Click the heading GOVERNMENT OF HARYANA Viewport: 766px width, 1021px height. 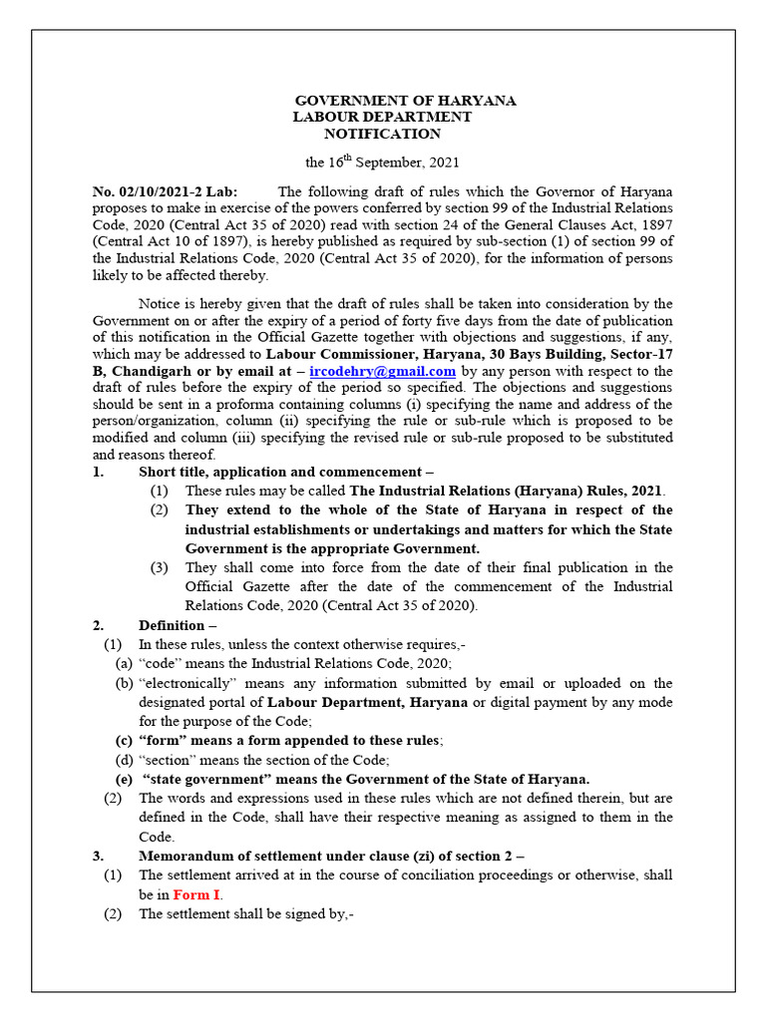click(405, 102)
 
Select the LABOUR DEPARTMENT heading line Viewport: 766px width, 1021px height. click(382, 118)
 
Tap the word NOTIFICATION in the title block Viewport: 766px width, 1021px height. click(382, 134)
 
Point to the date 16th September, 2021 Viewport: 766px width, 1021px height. click(382, 162)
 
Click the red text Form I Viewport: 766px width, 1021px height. click(197, 894)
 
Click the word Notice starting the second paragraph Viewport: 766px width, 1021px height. click(160, 302)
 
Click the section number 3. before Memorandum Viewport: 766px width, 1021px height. click(98, 855)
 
